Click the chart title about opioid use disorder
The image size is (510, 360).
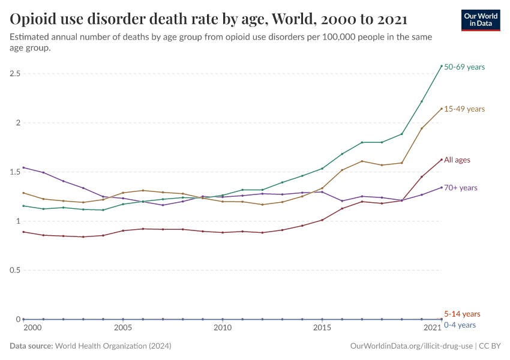(209, 19)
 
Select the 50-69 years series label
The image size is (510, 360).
(464, 67)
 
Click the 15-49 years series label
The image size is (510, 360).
(464, 109)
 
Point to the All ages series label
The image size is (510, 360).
(457, 160)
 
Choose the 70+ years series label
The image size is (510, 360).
(461, 188)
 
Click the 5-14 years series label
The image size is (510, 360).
(462, 314)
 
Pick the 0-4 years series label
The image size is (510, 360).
(460, 325)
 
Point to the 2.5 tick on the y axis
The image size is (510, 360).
(16, 74)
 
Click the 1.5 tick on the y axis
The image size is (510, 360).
(16, 172)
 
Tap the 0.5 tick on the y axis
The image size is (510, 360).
(16, 271)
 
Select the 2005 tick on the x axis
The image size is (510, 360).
(123, 328)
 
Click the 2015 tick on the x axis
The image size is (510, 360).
(322, 328)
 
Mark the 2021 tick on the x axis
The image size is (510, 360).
(433, 328)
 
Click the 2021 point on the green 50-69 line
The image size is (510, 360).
(442, 66)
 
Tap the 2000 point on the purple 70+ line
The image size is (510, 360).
(23, 167)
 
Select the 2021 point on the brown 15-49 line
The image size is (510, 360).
(442, 109)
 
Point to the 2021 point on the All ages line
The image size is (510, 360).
(442, 160)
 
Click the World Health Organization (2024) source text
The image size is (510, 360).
(113, 346)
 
